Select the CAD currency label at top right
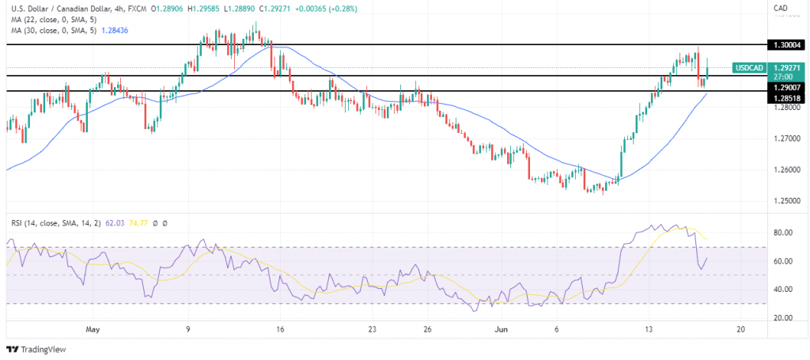coord(779,9)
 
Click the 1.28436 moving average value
coord(119,29)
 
